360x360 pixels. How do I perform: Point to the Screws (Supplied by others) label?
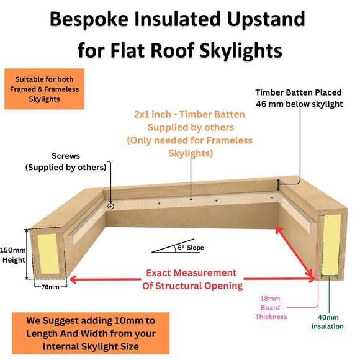[66, 162]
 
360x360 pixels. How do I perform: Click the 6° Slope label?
[191, 248]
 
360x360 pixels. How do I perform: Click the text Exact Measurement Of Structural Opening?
[191, 279]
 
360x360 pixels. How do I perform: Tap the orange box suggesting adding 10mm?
[91, 333]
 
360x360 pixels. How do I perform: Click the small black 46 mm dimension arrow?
[279, 184]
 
